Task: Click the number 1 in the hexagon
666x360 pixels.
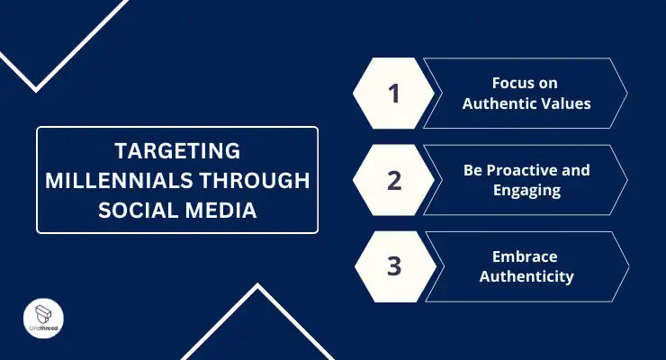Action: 393,93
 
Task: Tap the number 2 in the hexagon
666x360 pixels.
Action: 393,179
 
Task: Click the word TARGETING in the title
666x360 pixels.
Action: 177,149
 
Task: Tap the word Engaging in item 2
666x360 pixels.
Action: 526,190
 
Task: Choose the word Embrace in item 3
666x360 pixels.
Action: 526,256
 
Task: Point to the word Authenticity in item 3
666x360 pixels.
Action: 526,276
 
